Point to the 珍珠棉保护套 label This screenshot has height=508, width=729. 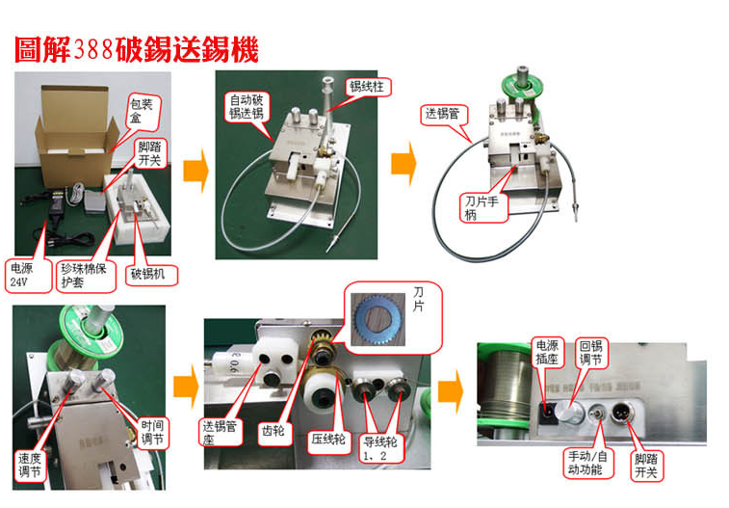(85, 276)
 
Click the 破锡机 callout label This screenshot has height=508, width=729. (149, 274)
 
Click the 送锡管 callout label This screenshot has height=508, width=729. (446, 114)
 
